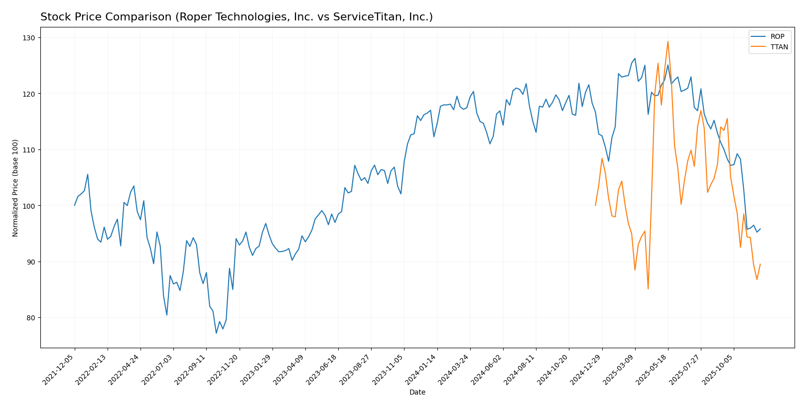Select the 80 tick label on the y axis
pyautogui.click(x=31, y=318)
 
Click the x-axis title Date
pyautogui.click(x=417, y=393)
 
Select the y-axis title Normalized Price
pyautogui.click(x=15, y=188)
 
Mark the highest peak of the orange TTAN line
pyautogui.click(x=668, y=41)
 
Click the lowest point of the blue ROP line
pyautogui.click(x=216, y=333)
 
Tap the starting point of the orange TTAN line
pyautogui.click(x=595, y=205)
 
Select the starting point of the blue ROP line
pyautogui.click(x=75, y=205)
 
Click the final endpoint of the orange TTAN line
pyautogui.click(x=760, y=265)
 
